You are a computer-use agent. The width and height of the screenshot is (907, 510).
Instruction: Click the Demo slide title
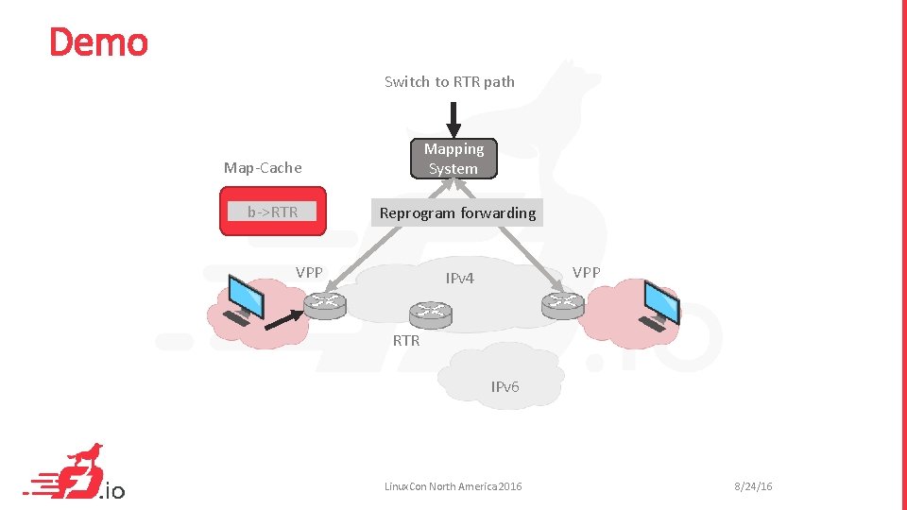pos(98,42)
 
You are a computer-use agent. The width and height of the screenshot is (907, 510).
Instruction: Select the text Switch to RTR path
pos(450,82)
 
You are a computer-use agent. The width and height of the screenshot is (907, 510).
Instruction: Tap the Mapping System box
pos(453,159)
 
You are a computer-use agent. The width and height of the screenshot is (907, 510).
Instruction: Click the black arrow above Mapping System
pos(453,118)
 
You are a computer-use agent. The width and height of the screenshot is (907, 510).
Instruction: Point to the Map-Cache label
pos(263,168)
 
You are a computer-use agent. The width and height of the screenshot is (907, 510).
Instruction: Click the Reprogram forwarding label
pos(457,213)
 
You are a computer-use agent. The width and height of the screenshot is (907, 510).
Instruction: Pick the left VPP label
pos(309,273)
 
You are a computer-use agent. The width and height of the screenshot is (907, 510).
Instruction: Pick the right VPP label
pos(586,272)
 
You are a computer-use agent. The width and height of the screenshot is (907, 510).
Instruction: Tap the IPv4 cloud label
pos(460,279)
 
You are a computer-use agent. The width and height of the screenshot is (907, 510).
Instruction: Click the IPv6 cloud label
pos(505,386)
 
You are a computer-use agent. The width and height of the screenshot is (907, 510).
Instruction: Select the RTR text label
pos(406,340)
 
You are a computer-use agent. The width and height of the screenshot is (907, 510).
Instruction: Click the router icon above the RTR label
pos(431,314)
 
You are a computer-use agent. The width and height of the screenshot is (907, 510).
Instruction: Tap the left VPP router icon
pos(326,304)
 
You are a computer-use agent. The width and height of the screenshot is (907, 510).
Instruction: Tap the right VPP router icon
pos(563,304)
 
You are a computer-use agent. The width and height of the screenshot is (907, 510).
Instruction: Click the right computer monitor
pos(660,303)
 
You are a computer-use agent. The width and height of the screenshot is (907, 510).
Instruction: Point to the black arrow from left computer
pos(285,320)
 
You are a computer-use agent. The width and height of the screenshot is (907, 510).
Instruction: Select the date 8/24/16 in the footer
pos(753,486)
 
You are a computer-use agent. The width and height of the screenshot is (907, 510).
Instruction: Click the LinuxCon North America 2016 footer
pos(453,486)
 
